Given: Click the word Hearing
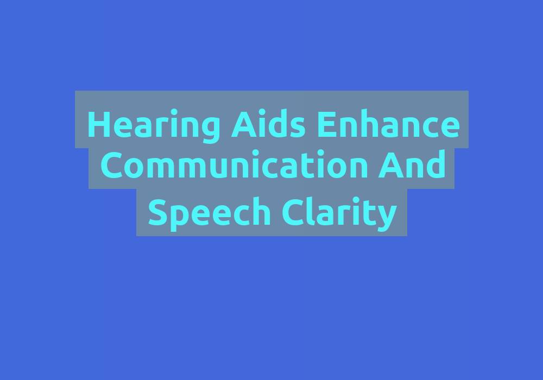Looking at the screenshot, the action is tap(154, 125).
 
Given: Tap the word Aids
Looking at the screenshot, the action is tap(268, 123).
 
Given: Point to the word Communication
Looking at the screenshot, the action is tap(234, 164).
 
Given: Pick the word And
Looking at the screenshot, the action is tap(412, 164).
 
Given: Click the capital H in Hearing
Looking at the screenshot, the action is tap(100, 124).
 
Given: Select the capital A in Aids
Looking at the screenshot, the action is tap(244, 124).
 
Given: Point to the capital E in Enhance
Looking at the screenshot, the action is tap(326, 124).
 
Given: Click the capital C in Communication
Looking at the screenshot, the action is tap(111, 165).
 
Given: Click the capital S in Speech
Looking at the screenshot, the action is tap(157, 212).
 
